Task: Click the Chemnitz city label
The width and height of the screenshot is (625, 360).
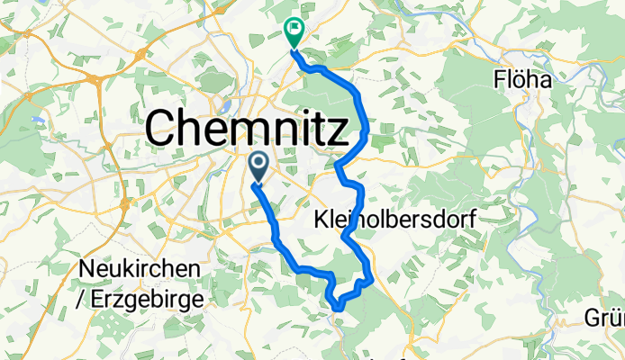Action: click(x=246, y=128)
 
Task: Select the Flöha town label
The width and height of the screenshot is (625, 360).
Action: click(x=522, y=79)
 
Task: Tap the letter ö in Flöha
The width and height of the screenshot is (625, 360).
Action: click(x=521, y=79)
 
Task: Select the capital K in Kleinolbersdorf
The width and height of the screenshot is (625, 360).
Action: click(x=322, y=218)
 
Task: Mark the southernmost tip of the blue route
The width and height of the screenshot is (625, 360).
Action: click(x=337, y=307)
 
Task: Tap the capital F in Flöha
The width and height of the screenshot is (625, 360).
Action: click(x=499, y=79)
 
